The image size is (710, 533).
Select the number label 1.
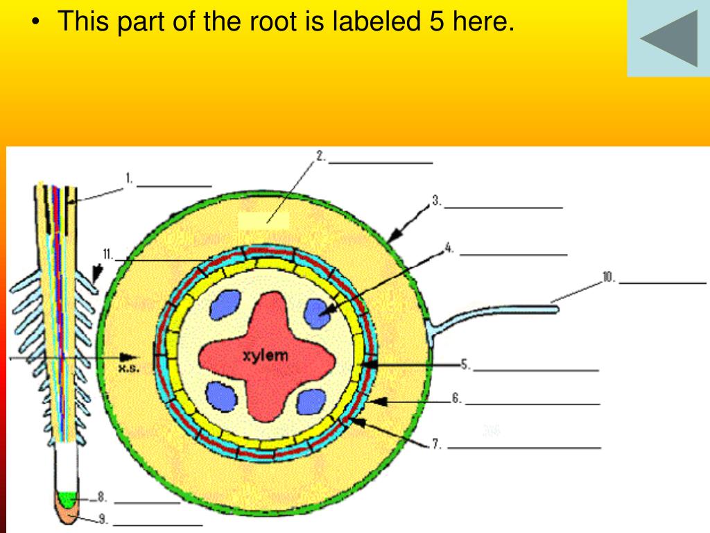(x=129, y=179)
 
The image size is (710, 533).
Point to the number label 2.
(x=321, y=157)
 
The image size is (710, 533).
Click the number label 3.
(x=437, y=201)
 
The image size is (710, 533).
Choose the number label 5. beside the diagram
(x=465, y=364)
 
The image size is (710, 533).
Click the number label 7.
(x=437, y=445)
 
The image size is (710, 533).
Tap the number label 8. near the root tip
(x=608, y=278)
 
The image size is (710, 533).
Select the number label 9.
(x=107, y=255)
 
